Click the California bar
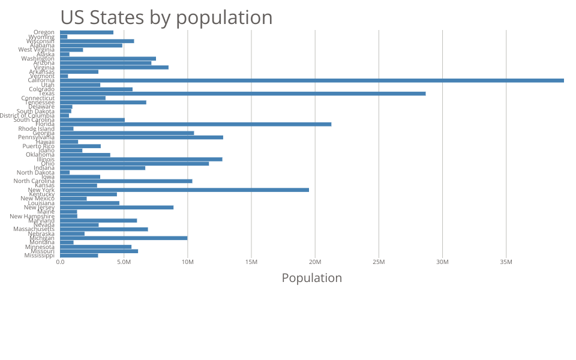click(x=312, y=80)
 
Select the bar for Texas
click(x=243, y=94)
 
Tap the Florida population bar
click(x=196, y=124)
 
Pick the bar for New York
click(x=184, y=190)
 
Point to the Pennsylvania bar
click(x=142, y=137)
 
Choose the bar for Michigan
click(x=124, y=238)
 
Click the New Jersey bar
click(x=116, y=208)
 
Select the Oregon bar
click(x=86, y=32)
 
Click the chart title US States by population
click(x=166, y=17)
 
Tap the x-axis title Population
click(x=311, y=278)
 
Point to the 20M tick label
click(x=315, y=262)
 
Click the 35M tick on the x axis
click(x=506, y=262)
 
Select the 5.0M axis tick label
click(x=124, y=262)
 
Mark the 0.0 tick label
click(x=60, y=262)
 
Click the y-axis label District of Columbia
click(x=27, y=116)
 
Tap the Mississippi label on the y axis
click(x=39, y=256)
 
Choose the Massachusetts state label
click(x=34, y=229)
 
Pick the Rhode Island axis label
click(x=36, y=128)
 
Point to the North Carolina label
click(x=34, y=181)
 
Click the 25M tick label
click(x=379, y=262)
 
